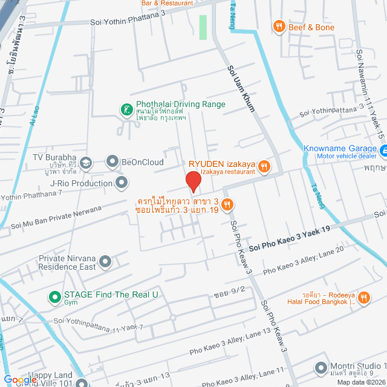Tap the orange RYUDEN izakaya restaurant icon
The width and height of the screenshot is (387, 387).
(264, 166)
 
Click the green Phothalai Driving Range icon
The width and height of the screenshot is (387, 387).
(126, 109)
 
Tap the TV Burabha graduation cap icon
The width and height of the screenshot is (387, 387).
(86, 163)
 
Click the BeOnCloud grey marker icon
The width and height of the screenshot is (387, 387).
(112, 161)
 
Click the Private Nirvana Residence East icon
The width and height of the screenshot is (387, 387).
(106, 262)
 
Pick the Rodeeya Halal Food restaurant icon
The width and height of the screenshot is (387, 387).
(364, 297)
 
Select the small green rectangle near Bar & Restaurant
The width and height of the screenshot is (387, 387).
(203, 27)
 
